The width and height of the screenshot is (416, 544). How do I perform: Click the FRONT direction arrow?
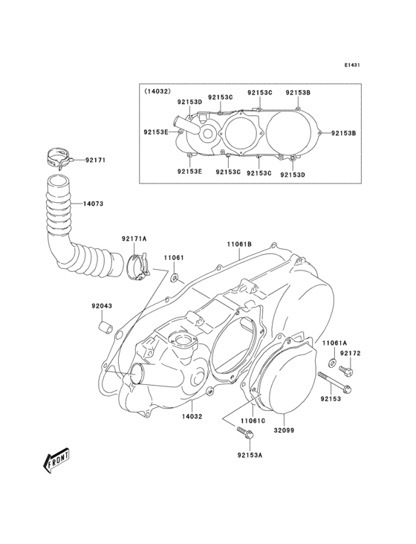point(56,462)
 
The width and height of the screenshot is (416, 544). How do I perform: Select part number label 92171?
point(96,160)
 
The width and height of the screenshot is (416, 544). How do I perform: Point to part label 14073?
point(94,202)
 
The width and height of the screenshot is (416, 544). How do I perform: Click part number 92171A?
point(134,239)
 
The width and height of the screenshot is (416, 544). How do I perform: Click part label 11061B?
point(239,243)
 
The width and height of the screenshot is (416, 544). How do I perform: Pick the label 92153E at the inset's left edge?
point(156,132)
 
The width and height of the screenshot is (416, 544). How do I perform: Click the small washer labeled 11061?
point(174,279)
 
